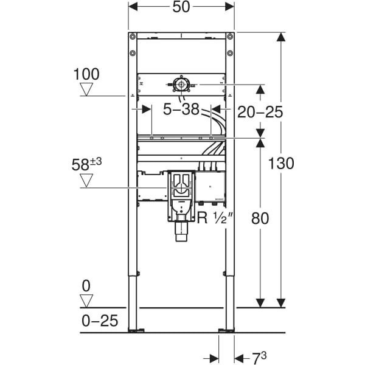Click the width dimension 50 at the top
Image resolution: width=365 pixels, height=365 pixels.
(x=181, y=7)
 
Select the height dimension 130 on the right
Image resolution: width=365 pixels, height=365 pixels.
(x=282, y=163)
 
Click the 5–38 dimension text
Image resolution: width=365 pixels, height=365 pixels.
(x=182, y=109)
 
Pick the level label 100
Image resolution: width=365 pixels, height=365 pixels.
(x=86, y=74)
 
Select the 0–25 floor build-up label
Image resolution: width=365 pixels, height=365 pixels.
(x=100, y=321)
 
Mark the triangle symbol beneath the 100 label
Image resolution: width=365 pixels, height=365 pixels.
(x=87, y=90)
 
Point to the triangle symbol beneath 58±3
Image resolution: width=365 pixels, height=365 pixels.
(x=87, y=180)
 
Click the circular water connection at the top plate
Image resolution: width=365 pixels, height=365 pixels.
(x=181, y=85)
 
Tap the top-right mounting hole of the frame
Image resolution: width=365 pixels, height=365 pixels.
(x=230, y=37)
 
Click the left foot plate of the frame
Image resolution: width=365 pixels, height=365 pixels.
(x=136, y=331)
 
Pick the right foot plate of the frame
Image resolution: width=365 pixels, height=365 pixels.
(x=226, y=331)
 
